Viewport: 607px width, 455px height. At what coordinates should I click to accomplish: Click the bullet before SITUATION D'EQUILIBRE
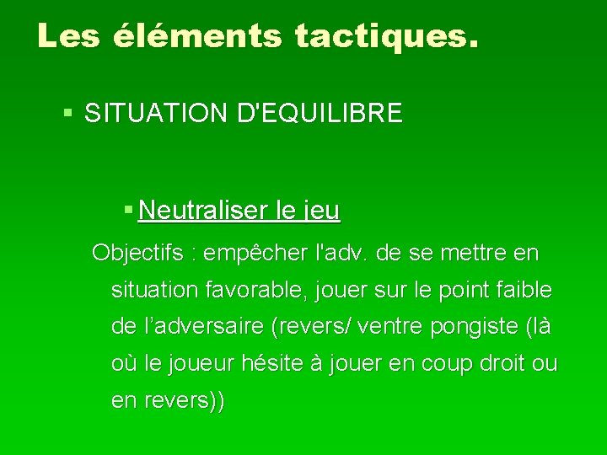click(69, 111)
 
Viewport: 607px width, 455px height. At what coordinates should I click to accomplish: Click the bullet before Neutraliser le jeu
click(127, 207)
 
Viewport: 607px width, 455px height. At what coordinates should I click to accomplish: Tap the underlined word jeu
click(321, 211)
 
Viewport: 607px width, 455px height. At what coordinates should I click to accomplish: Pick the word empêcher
click(258, 253)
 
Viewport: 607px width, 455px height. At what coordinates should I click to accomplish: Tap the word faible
click(524, 291)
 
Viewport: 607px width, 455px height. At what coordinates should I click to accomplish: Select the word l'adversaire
click(191, 327)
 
